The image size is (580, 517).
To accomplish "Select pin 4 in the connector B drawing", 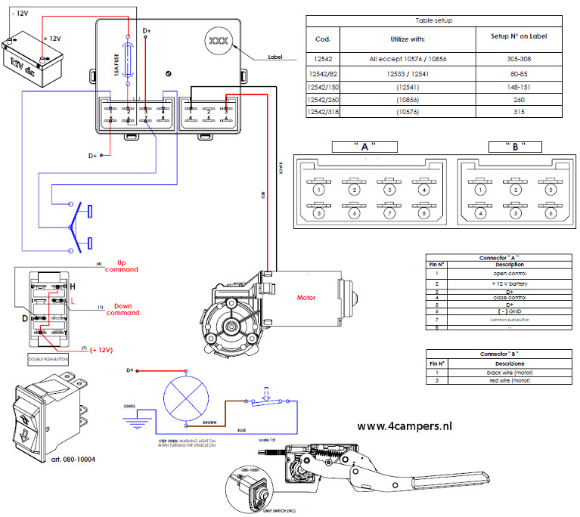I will point(479,214).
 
